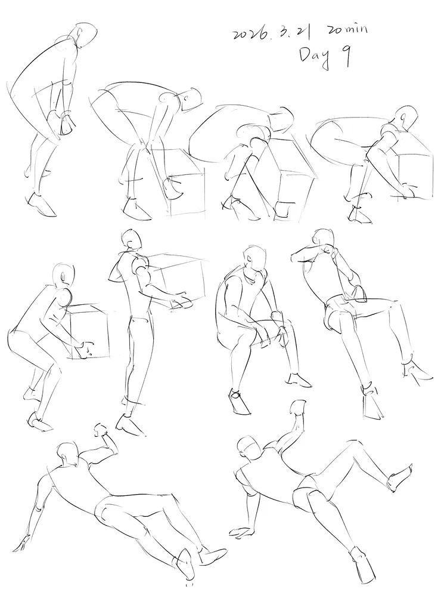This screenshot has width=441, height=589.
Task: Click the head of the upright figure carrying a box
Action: tap(131, 239)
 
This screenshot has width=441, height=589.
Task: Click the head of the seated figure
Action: tap(254, 258)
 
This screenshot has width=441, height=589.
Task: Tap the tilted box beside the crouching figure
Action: tap(291, 177)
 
